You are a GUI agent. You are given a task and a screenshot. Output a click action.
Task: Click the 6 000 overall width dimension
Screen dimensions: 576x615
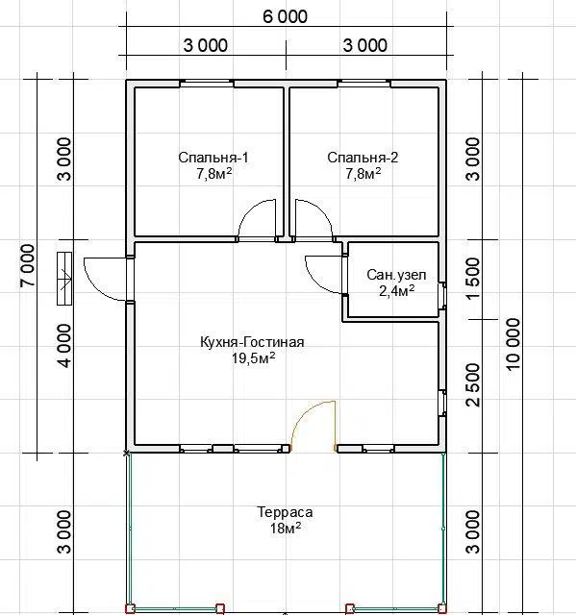coord(285,17)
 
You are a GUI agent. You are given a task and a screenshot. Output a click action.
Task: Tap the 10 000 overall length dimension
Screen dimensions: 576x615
coord(513,344)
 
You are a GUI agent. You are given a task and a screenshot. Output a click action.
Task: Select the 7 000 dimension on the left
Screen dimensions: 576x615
coord(28,265)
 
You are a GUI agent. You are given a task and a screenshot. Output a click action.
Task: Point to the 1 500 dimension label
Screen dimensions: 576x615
coord(473,278)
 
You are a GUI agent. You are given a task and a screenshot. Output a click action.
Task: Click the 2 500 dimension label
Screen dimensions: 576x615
coord(473,384)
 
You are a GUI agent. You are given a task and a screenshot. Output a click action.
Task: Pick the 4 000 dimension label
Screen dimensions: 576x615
coord(64,346)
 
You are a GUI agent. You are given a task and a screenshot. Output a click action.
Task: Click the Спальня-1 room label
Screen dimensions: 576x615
coord(213,158)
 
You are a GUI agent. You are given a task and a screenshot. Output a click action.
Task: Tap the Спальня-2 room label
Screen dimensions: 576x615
coord(363,158)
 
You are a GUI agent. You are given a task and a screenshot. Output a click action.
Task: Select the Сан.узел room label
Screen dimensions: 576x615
coord(396,275)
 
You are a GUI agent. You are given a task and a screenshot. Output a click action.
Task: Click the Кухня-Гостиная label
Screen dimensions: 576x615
coord(252,342)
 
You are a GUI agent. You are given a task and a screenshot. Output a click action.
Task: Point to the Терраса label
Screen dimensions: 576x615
coord(285,512)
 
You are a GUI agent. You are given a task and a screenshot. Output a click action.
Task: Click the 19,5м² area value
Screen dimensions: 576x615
coord(253,357)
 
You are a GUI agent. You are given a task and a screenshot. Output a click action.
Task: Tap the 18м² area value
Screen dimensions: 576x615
coord(286,529)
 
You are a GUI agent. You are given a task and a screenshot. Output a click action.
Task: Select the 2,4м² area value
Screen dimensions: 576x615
coord(397,290)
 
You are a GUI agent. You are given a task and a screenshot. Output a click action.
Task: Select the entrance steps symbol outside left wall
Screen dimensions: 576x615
coord(64,278)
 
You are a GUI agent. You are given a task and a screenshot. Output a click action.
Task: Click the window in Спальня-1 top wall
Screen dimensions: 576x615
coord(207,83)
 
